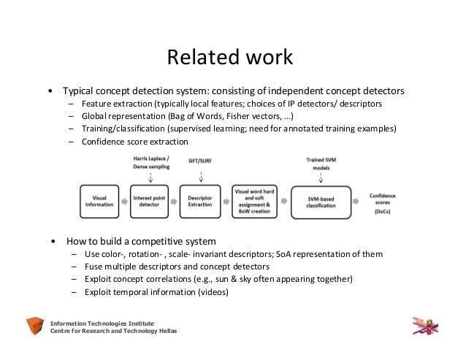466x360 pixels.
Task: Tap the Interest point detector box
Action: click(x=150, y=200)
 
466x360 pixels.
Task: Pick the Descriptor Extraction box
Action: click(x=200, y=200)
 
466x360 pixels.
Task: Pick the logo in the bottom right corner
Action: click(x=426, y=324)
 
